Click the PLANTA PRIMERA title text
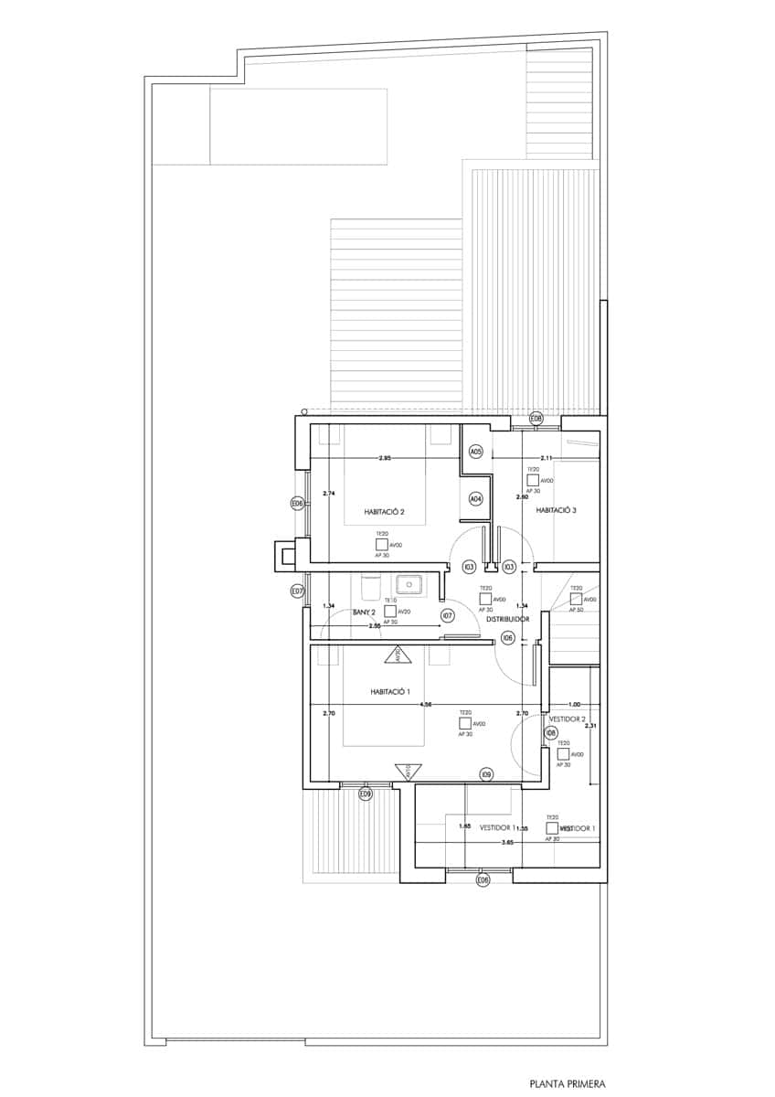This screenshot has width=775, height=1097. tap(560, 1083)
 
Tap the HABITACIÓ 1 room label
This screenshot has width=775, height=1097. tap(395, 691)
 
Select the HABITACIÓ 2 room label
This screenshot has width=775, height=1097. tap(384, 511)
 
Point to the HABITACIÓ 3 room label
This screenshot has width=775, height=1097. tap(556, 510)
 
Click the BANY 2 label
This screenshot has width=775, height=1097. tap(365, 612)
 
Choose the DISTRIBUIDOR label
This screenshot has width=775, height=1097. tap(508, 619)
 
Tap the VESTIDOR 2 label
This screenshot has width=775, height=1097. tap(567, 719)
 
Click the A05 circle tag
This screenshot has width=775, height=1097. tap(475, 452)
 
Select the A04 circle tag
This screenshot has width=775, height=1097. tap(475, 499)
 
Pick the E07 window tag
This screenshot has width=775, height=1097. tap(297, 591)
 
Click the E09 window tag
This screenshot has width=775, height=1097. tap(366, 793)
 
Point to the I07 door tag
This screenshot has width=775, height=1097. tap(448, 615)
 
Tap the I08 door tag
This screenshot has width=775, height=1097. tap(550, 733)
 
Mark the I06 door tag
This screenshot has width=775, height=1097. tap(508, 637)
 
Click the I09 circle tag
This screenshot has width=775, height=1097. tap(487, 774)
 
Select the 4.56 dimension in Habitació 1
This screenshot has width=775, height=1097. tap(426, 705)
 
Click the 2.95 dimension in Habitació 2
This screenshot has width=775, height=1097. tap(385, 458)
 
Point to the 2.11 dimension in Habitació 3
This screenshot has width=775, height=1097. tap(547, 458)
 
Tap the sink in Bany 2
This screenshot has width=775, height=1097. tap(407, 582)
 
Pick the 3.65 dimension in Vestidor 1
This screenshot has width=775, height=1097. tap(507, 841)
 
